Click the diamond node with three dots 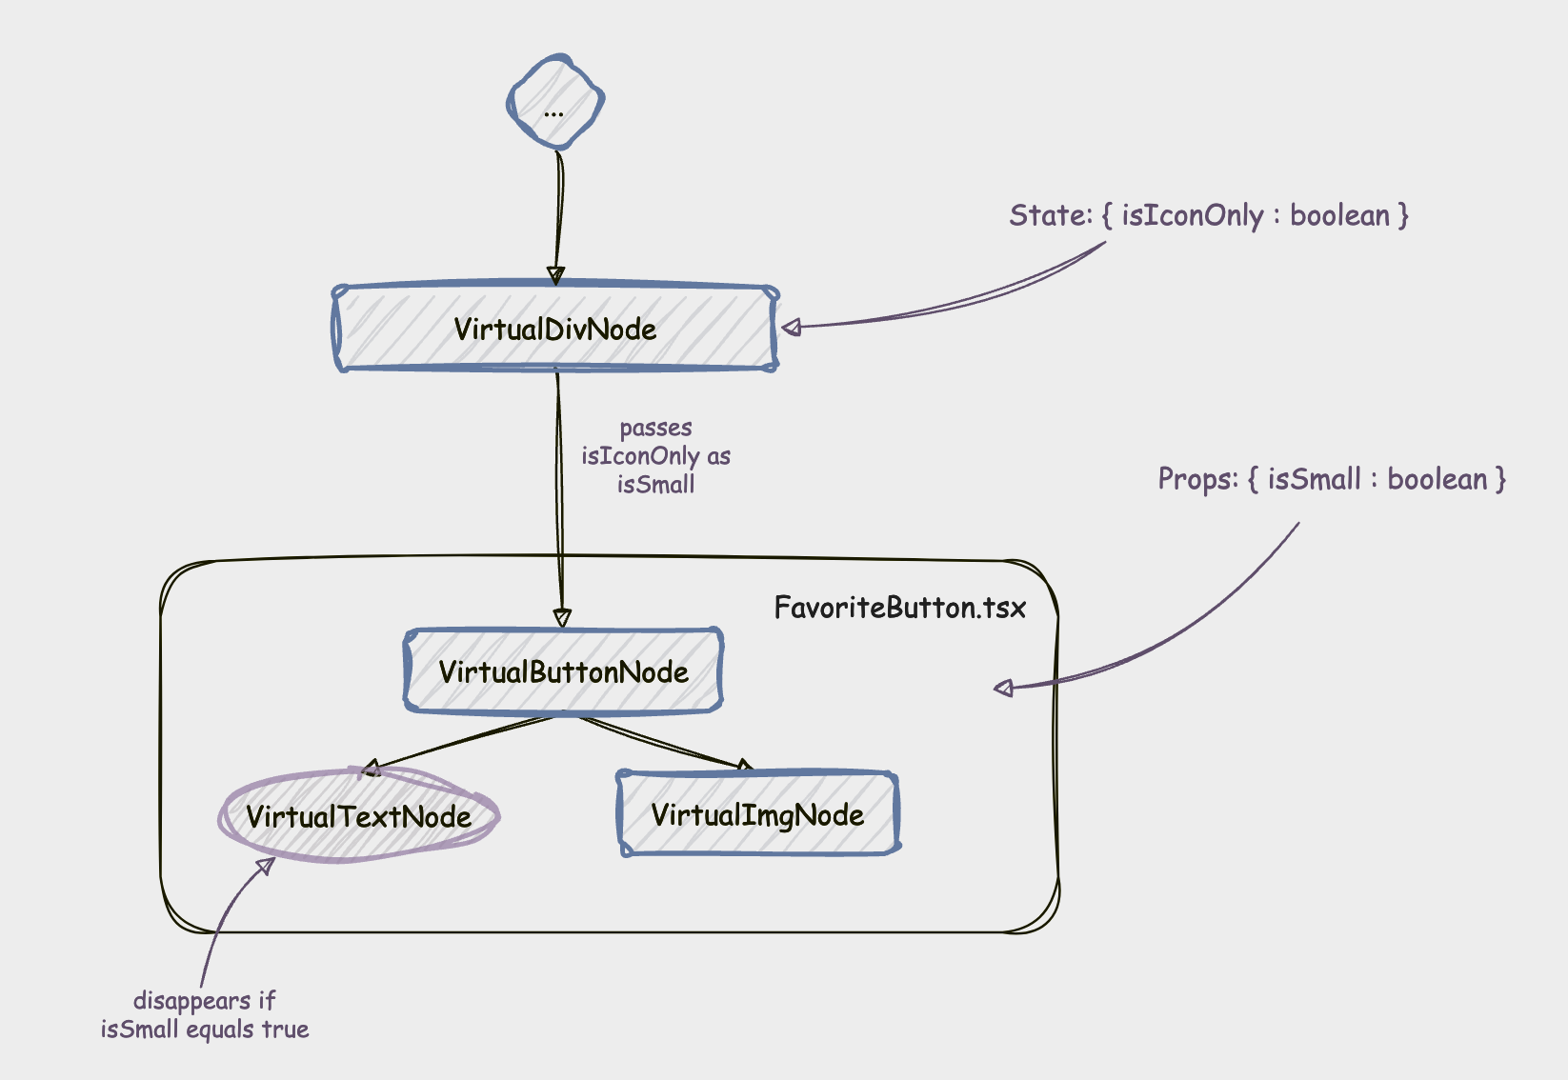tap(555, 102)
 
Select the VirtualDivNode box tap(555, 329)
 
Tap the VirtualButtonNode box tap(563, 671)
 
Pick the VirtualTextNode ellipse tap(359, 816)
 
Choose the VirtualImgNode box tap(757, 814)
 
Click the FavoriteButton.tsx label tap(899, 608)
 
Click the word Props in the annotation tap(1196, 478)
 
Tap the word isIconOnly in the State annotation tap(1192, 216)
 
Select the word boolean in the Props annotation tap(1437, 478)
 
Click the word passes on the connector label tap(655, 428)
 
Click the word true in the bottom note tap(286, 1030)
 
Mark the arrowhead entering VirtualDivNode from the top tap(556, 275)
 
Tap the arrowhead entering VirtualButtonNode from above tap(562, 617)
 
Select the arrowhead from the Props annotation tap(1004, 688)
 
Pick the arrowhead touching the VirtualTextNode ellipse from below tap(266, 866)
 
